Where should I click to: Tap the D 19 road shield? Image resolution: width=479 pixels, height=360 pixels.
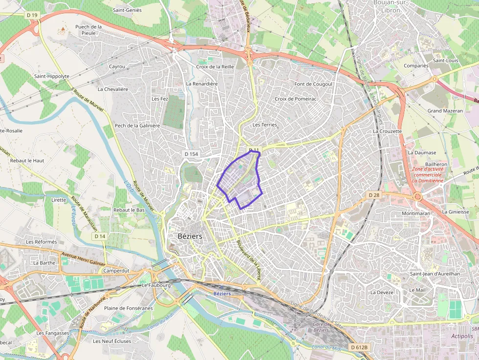(32, 15)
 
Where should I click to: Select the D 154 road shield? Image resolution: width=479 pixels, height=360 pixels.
(192, 154)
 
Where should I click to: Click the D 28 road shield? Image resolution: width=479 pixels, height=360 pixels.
(373, 195)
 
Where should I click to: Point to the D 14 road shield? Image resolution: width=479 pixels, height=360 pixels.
(99, 236)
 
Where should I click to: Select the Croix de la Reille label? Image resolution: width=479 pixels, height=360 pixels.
(215, 67)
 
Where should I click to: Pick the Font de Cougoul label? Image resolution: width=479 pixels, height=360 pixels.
(313, 84)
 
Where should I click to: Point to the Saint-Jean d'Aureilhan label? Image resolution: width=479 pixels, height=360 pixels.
(435, 274)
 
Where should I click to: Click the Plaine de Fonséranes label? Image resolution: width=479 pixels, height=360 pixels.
(129, 308)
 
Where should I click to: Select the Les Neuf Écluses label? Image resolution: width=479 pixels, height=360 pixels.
(112, 341)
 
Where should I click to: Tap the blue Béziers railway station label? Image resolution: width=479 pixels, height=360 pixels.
(222, 294)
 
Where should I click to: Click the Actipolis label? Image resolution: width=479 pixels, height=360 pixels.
(462, 336)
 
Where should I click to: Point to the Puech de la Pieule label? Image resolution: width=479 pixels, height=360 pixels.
(88, 30)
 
